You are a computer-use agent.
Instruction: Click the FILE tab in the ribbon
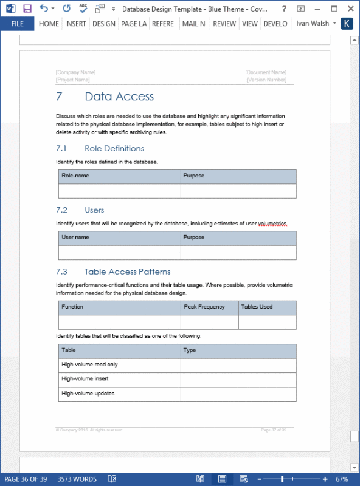(17, 24)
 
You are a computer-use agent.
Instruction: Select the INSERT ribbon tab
(75, 24)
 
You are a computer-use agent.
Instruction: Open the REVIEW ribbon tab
(224, 24)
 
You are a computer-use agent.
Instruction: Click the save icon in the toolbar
(27, 9)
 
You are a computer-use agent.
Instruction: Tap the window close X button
(350, 9)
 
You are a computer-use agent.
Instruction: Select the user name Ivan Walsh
(313, 24)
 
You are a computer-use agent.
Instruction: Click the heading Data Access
(119, 97)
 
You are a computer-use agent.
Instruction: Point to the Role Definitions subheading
(114, 148)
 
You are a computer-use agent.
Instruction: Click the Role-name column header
(74, 176)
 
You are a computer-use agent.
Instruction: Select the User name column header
(75, 238)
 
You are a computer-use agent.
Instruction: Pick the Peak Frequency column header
(204, 307)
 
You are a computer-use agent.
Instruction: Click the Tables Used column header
(257, 307)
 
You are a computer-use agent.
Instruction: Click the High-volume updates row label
(89, 394)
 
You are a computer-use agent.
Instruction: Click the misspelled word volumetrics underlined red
(272, 224)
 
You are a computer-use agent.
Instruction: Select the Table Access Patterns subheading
(127, 272)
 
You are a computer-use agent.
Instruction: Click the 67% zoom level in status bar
(342, 479)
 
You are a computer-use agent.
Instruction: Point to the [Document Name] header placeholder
(266, 72)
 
